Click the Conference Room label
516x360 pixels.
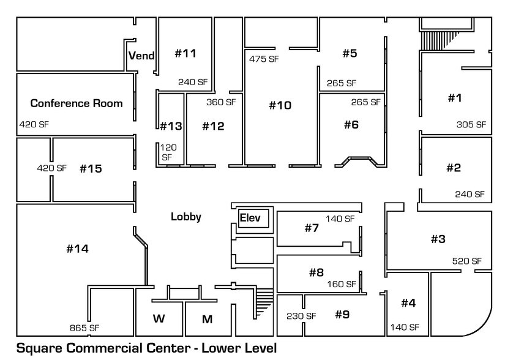pyautogui.click(x=77, y=103)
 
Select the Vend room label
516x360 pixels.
pyautogui.click(x=141, y=56)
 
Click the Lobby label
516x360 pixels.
pyautogui.click(x=185, y=216)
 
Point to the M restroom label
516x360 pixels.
pyautogui.click(x=208, y=318)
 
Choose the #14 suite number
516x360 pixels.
pyautogui.click(x=77, y=249)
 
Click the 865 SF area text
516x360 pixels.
pyautogui.click(x=84, y=328)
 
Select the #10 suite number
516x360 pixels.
pyautogui.click(x=280, y=105)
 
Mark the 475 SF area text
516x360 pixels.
pyautogui.click(x=264, y=59)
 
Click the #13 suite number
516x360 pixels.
pyautogui.click(x=171, y=127)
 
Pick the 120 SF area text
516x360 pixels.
pyautogui.click(x=167, y=152)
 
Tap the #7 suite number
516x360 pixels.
pyautogui.click(x=312, y=228)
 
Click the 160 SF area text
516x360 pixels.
pyautogui.click(x=341, y=284)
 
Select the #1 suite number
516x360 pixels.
pyautogui.click(x=454, y=98)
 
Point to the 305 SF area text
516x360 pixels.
pyautogui.click(x=471, y=124)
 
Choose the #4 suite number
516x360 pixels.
pyautogui.click(x=408, y=303)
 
